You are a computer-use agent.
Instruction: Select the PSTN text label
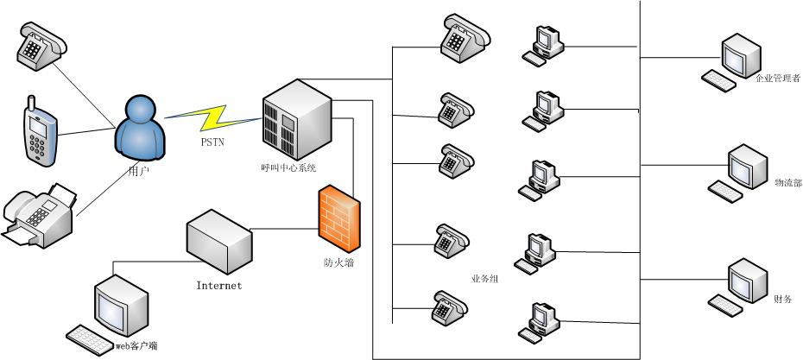pyautogui.click(x=212, y=142)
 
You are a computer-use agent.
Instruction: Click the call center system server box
pyautogui.click(x=297, y=117)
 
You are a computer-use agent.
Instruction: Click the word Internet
pyautogui.click(x=219, y=286)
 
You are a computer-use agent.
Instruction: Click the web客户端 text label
pyautogui.click(x=136, y=346)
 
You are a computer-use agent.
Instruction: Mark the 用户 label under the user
pyautogui.click(x=137, y=172)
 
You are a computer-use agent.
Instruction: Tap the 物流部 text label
pyautogui.click(x=787, y=183)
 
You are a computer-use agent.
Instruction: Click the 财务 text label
pyautogui.click(x=784, y=300)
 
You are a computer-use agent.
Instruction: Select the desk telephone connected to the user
pyautogui.click(x=41, y=42)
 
